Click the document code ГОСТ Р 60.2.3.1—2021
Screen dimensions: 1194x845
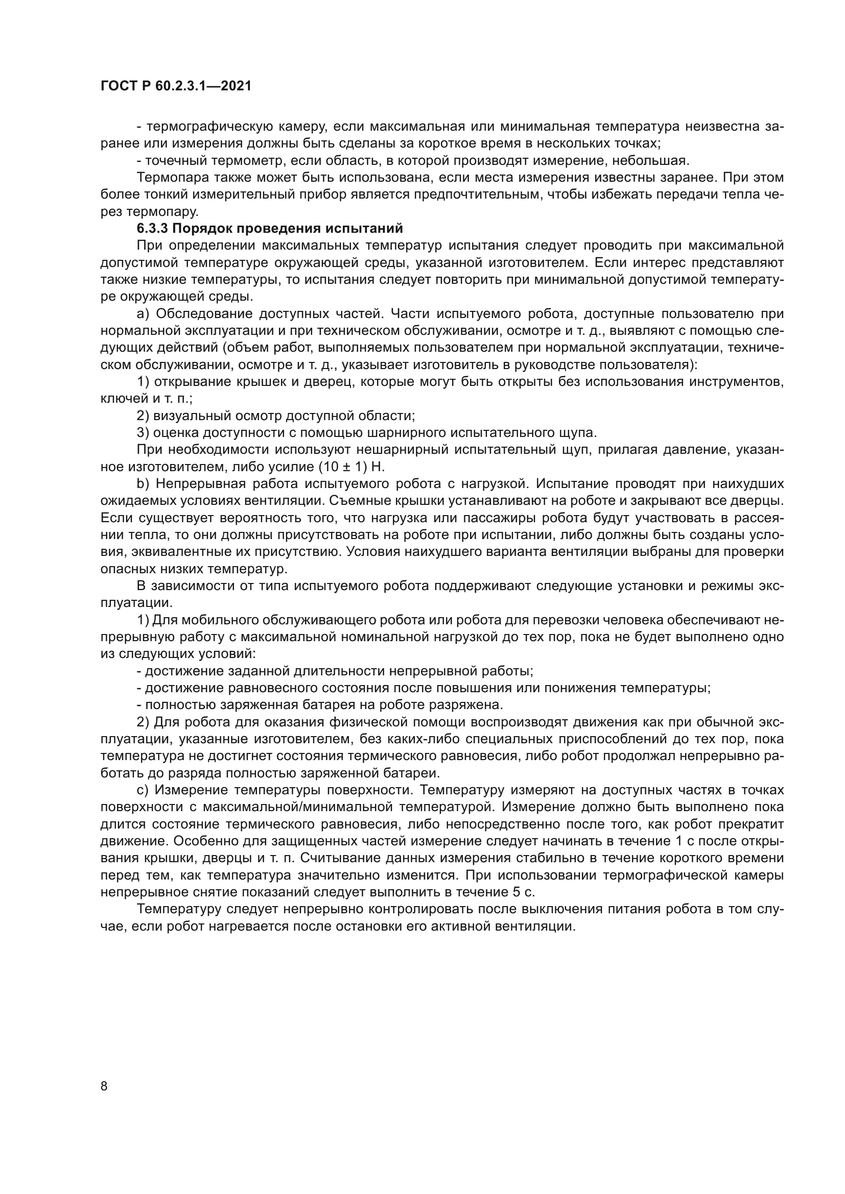176,86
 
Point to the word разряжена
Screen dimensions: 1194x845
466,705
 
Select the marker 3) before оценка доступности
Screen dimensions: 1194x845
143,433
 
